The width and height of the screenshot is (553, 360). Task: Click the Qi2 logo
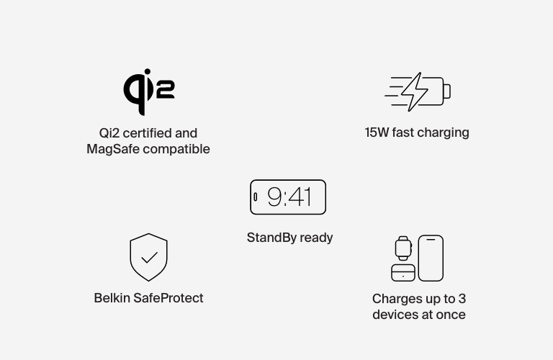coord(148,91)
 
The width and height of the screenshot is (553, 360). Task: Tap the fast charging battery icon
coord(418,91)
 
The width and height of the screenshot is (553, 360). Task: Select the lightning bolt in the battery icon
coord(414,91)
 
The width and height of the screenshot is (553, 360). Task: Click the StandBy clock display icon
coord(288,197)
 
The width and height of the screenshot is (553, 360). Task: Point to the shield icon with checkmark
coord(148,257)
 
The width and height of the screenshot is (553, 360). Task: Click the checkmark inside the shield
coord(149,257)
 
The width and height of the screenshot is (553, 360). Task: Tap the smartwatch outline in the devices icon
coord(403,248)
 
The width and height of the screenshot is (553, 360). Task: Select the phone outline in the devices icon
coord(431,258)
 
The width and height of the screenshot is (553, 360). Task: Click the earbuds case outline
coord(403,272)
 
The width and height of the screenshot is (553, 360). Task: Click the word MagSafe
coord(112,149)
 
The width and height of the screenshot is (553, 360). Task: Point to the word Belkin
coord(112,298)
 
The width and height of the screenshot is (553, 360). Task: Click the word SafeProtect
coord(168,298)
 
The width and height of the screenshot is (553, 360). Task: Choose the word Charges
coord(395,299)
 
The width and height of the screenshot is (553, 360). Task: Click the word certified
coord(146,133)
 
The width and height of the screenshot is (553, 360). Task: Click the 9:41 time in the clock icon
coord(289,197)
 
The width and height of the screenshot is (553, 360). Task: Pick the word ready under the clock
coord(317,238)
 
